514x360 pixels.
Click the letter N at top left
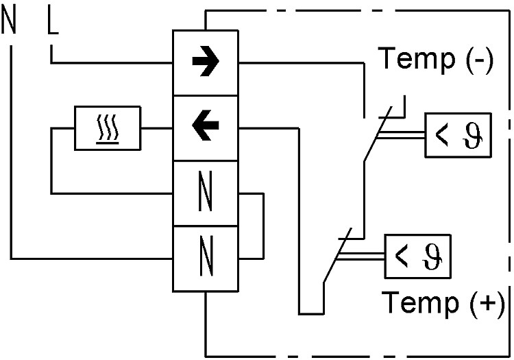click(9, 20)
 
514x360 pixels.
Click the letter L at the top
click(53, 21)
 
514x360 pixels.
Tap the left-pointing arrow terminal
click(206, 128)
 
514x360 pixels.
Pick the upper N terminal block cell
click(206, 193)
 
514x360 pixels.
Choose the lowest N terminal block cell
click(206, 259)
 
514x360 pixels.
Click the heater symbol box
click(108, 128)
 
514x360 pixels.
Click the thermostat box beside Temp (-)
click(458, 135)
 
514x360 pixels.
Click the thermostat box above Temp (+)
click(417, 256)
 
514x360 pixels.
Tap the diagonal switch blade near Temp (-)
click(378, 134)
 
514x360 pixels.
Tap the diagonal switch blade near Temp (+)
click(338, 255)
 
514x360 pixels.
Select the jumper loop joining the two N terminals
click(263, 226)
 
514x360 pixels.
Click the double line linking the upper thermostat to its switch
click(401, 135)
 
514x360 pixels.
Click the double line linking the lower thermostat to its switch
click(360, 256)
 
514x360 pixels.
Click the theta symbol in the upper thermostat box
click(473, 136)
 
